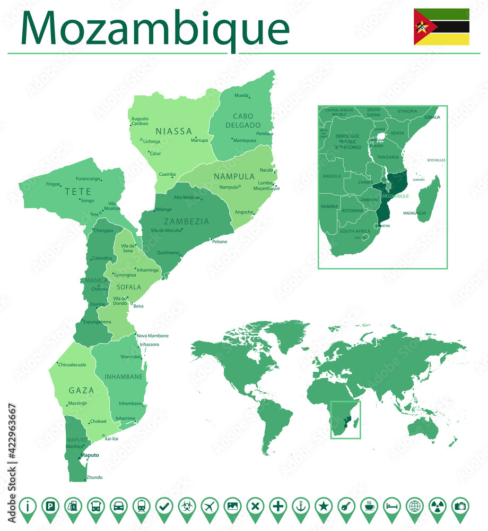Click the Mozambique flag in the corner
coord(441,27)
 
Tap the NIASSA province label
coord(173,131)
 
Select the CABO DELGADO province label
coord(243,121)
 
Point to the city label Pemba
coord(264,134)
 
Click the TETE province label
coord(78,192)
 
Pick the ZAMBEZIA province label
coord(186,221)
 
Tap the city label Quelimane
coord(168,253)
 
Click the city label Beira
coord(138,306)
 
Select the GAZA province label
coord(81,390)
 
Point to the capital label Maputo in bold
coord(90,455)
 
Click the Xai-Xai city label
coord(111,439)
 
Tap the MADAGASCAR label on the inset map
coord(415,213)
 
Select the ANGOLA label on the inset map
coord(332,176)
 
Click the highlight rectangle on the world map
coord(345,419)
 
